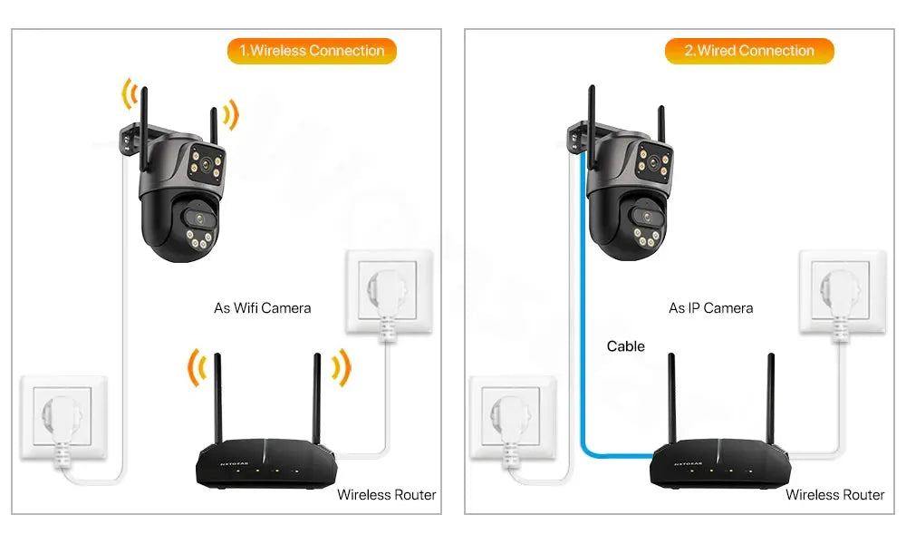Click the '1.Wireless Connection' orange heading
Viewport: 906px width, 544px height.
click(x=312, y=51)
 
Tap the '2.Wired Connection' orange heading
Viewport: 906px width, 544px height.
click(x=749, y=51)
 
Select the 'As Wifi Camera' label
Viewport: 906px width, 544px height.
click(x=263, y=308)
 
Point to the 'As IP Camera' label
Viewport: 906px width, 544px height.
click(x=710, y=308)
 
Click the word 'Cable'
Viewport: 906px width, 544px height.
click(x=626, y=346)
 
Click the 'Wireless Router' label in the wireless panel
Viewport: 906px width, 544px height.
click(x=387, y=495)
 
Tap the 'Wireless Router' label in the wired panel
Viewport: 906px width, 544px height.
click(x=835, y=495)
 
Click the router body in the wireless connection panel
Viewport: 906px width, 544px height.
click(x=265, y=463)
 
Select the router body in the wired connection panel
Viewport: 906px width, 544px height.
click(x=719, y=463)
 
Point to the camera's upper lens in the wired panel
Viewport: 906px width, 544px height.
click(x=653, y=162)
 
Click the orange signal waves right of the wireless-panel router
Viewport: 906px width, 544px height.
click(x=342, y=368)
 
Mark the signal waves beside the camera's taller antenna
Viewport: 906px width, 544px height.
click(x=129, y=93)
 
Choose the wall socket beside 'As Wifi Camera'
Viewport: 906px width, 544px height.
click(x=389, y=292)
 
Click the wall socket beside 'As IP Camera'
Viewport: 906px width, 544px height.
click(x=843, y=292)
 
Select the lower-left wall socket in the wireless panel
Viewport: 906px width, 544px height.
click(x=63, y=417)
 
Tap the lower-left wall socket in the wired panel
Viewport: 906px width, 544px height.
click(x=513, y=417)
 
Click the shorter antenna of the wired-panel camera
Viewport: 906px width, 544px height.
click(x=661, y=122)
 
